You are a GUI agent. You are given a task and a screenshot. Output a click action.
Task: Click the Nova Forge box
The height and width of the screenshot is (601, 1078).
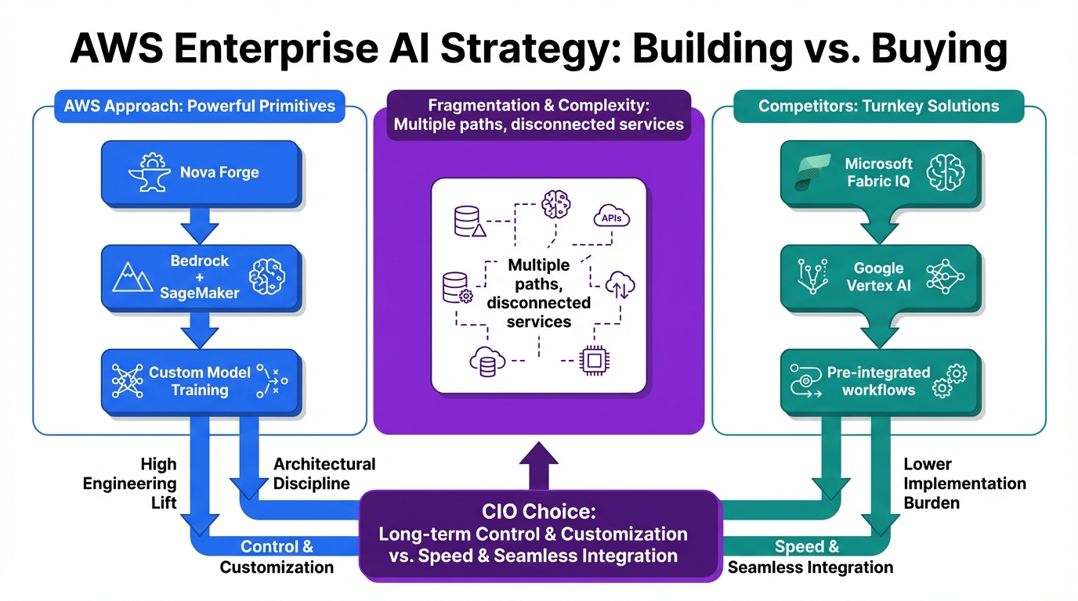(x=201, y=173)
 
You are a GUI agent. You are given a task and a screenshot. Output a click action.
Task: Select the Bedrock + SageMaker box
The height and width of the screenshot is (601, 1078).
(x=201, y=277)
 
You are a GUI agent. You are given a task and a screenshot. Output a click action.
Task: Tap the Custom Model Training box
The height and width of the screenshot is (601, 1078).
(x=201, y=381)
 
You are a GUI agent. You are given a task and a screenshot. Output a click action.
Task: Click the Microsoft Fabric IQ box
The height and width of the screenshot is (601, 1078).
(x=879, y=173)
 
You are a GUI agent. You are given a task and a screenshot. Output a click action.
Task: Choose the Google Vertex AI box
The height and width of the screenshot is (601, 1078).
(x=879, y=277)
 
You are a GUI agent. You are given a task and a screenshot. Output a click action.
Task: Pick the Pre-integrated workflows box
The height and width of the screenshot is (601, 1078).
(x=879, y=381)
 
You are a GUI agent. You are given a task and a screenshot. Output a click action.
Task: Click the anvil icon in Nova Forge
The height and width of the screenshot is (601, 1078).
(x=149, y=173)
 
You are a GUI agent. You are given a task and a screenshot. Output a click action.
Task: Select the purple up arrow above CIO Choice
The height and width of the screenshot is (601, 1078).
(x=539, y=467)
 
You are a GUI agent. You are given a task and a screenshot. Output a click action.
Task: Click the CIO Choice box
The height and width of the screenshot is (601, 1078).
(x=539, y=534)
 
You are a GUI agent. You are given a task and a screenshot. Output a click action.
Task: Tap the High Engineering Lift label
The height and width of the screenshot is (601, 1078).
(x=141, y=484)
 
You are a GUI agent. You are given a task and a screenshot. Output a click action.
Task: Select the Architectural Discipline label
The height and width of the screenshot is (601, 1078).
(x=324, y=473)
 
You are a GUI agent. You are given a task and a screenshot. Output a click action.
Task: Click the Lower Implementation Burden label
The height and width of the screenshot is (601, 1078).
(x=964, y=483)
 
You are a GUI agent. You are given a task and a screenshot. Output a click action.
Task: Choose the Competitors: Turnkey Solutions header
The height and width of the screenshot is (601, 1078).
(x=878, y=106)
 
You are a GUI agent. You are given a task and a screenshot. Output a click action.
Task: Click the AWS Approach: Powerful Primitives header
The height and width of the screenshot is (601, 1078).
(x=200, y=106)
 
